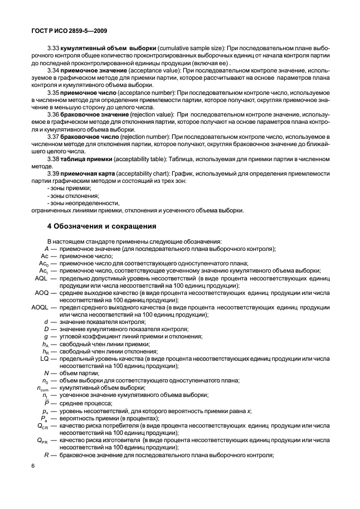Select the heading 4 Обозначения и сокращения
[101, 226]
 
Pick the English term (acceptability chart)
[144, 174]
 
